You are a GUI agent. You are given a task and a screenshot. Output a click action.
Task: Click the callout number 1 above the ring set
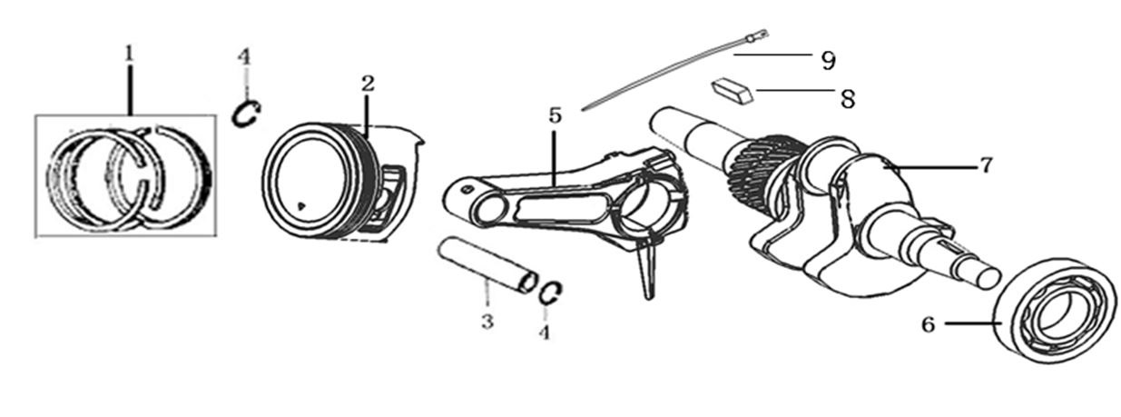click(x=130, y=54)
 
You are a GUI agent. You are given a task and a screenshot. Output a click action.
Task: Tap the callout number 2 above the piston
click(x=368, y=83)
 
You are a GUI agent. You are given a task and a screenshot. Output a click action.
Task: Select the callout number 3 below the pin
click(x=487, y=321)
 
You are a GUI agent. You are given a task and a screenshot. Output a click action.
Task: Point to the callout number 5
click(x=555, y=115)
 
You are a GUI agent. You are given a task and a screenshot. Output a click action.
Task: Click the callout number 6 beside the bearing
click(x=928, y=325)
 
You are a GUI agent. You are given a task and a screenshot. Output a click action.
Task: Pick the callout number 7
click(x=986, y=164)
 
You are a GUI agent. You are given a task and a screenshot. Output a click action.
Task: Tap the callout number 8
click(x=847, y=98)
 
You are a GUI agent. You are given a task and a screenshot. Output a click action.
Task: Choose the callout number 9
click(x=829, y=61)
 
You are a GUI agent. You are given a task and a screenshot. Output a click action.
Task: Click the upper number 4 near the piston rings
click(x=244, y=56)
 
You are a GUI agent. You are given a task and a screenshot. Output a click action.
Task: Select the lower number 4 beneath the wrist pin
click(x=545, y=332)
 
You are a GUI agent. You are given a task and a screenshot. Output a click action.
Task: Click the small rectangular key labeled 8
click(x=733, y=92)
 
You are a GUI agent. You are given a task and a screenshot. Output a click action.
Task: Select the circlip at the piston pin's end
click(x=550, y=293)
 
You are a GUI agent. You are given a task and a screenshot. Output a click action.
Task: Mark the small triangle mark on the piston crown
click(x=300, y=204)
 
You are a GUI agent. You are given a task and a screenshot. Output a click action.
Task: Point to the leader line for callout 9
click(x=772, y=55)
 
